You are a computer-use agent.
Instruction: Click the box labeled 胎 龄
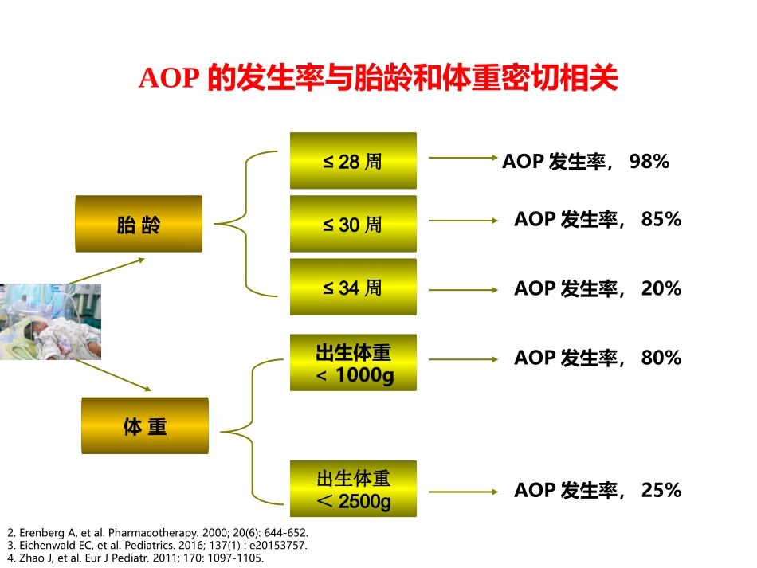pos(139,224)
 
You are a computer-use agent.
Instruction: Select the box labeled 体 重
pos(144,425)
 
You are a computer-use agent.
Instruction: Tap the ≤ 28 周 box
pos(352,161)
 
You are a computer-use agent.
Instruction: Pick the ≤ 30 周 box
pos(352,224)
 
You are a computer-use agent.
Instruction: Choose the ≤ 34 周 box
pos(352,287)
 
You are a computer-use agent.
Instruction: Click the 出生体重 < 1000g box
pos(352,362)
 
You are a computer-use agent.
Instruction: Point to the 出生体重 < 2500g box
pos(352,489)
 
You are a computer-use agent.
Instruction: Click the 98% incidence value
pos(649,162)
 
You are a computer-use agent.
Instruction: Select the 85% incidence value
pos(661,219)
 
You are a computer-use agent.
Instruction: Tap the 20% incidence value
pos(661,288)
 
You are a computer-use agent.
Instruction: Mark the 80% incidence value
pos(661,358)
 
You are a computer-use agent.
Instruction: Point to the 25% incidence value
pos(661,490)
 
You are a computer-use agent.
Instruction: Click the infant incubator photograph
pos(49,321)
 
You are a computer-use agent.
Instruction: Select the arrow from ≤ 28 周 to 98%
pos(463,158)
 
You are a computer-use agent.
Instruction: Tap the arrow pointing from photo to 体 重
pos(112,375)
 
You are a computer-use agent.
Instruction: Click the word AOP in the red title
pos(167,79)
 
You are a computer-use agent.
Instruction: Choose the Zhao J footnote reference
pos(135,558)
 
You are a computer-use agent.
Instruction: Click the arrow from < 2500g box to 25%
pos(463,492)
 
